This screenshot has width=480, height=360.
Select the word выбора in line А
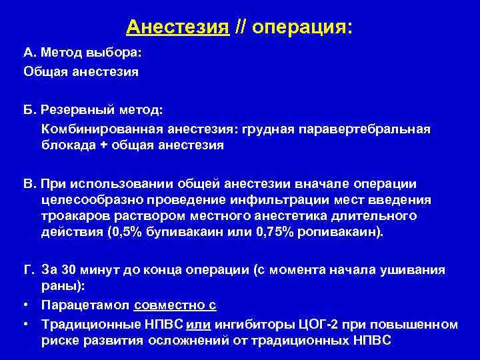[117, 53]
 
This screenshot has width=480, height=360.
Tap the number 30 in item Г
[70, 271]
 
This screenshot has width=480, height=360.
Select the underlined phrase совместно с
[175, 305]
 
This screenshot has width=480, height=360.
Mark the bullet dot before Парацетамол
[26, 305]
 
